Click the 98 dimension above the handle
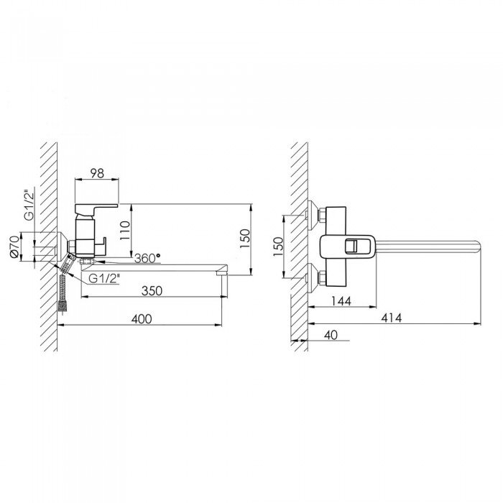coord(97,173)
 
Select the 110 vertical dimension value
coord(125,231)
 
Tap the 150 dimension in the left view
coord(244,238)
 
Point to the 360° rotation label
coord(147,258)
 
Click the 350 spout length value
coord(152,290)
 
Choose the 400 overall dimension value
coord(142,319)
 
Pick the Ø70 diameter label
coord(14,246)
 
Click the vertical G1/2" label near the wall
coord(29,206)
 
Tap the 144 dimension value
coord(341,301)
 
